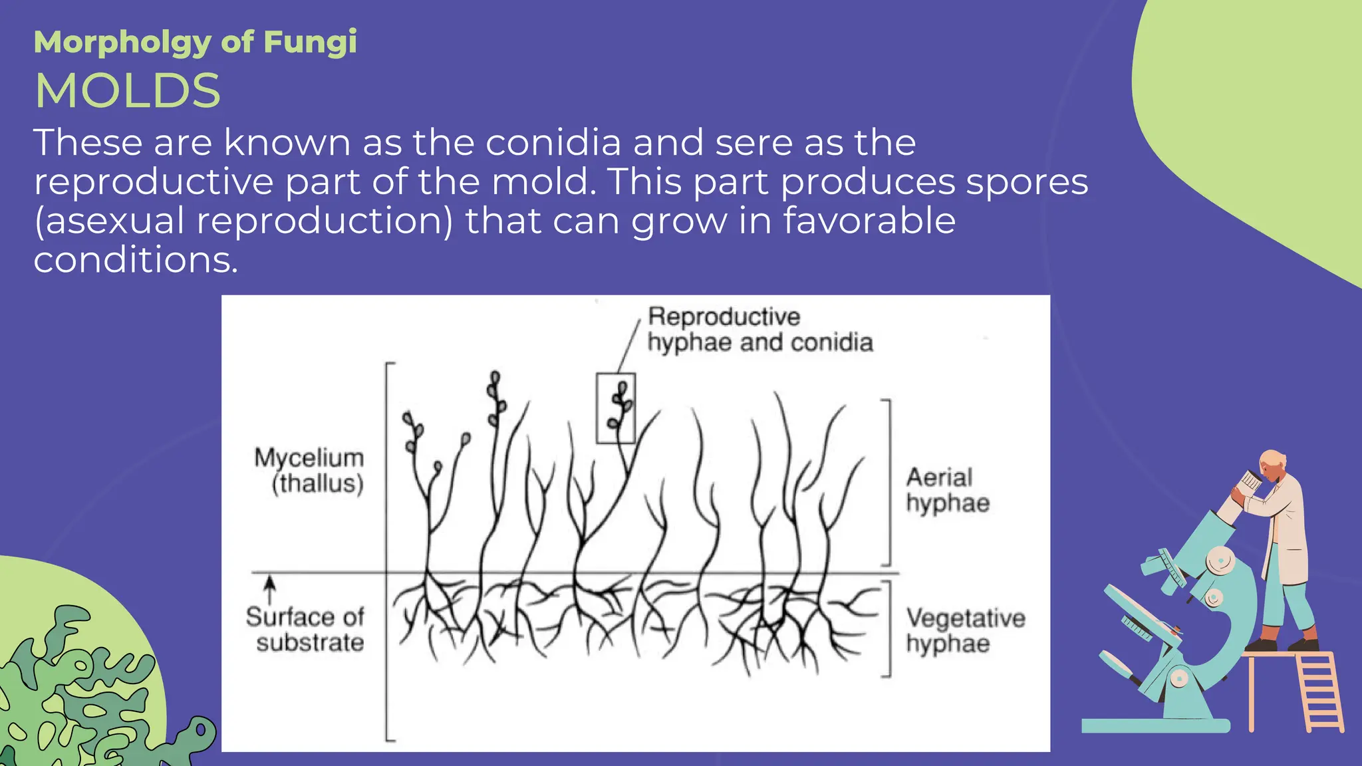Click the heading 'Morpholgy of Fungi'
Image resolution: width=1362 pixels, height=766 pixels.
coord(195,43)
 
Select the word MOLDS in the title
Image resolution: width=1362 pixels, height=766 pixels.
coord(128,91)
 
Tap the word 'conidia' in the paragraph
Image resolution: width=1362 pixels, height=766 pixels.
coord(553,142)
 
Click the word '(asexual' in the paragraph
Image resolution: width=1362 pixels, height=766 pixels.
coord(109,221)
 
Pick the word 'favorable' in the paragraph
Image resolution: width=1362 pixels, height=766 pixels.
coord(869,221)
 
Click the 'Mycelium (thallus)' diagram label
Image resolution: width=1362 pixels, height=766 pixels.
coord(310,470)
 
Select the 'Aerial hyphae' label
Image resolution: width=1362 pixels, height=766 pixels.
coord(947,490)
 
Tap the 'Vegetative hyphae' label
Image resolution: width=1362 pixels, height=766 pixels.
coord(964,630)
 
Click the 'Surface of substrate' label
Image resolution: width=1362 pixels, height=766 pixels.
coord(306,629)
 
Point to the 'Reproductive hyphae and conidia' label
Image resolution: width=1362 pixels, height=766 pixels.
coord(759,330)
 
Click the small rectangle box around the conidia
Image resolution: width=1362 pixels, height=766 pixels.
coord(615,408)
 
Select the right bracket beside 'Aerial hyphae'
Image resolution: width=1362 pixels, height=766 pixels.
coord(888,483)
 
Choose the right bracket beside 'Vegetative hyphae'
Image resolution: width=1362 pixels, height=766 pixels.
coord(888,629)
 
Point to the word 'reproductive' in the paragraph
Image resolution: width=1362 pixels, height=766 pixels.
coord(154,182)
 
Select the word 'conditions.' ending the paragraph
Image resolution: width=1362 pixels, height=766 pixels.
coord(136,260)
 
